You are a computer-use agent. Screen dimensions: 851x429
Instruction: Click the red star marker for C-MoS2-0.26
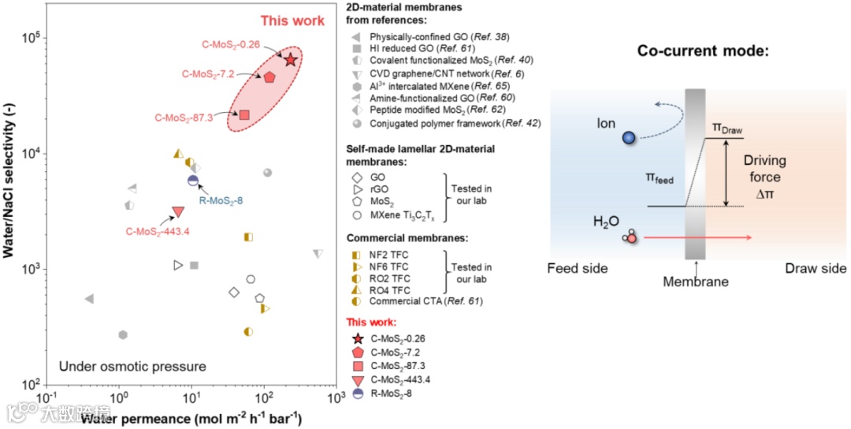pyautogui.click(x=291, y=60)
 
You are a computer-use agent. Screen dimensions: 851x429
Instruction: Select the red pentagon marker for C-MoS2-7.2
pyautogui.click(x=269, y=77)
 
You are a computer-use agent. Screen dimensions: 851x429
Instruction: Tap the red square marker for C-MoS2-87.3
pyautogui.click(x=244, y=115)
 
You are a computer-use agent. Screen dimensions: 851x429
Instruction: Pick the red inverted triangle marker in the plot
pyautogui.click(x=178, y=211)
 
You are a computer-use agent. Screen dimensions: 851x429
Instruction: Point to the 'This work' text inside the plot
pyautogui.click(x=292, y=21)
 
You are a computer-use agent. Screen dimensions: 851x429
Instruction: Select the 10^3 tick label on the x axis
pyautogui.click(x=336, y=399)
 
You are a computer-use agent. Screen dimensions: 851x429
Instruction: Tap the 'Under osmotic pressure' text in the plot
pyautogui.click(x=132, y=367)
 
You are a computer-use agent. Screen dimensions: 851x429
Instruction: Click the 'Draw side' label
pyautogui.click(x=816, y=269)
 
